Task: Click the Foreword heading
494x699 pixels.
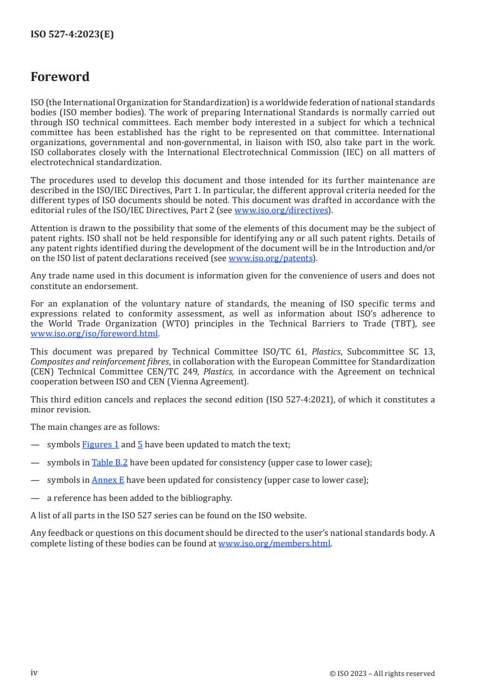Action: (x=60, y=77)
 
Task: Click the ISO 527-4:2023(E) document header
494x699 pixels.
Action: (x=72, y=35)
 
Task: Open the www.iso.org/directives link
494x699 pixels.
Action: (x=281, y=211)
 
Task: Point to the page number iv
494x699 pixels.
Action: (x=34, y=673)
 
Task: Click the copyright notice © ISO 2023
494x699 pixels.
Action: (x=382, y=673)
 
